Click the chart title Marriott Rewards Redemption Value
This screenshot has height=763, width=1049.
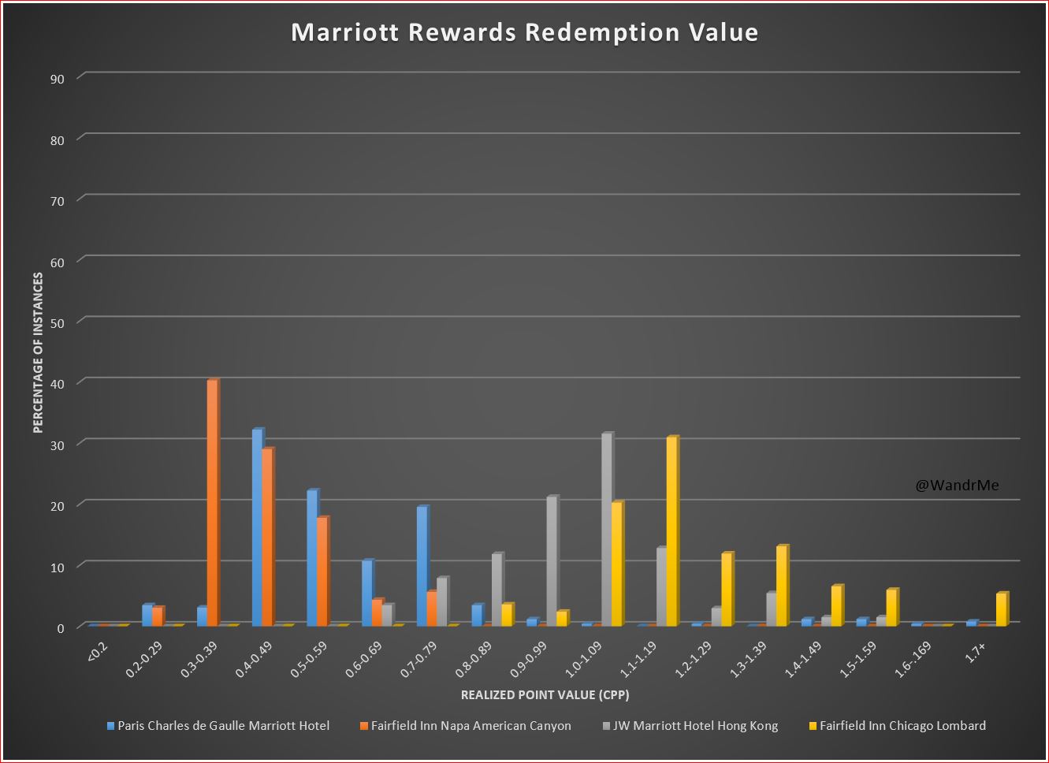pos(524,32)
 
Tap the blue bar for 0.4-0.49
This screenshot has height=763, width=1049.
pos(257,527)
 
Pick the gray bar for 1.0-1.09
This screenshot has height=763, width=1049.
pos(606,530)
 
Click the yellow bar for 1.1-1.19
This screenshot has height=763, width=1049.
pos(671,531)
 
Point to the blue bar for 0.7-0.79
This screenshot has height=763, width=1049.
pos(422,566)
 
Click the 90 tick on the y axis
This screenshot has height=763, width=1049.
pos(59,78)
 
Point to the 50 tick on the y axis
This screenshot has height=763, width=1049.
pos(59,322)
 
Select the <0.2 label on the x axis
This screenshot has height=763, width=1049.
pos(96,652)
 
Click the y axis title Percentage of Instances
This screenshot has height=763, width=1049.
pos(38,352)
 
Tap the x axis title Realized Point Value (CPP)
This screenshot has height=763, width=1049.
pos(545,695)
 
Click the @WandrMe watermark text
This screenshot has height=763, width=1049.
pos(957,486)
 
